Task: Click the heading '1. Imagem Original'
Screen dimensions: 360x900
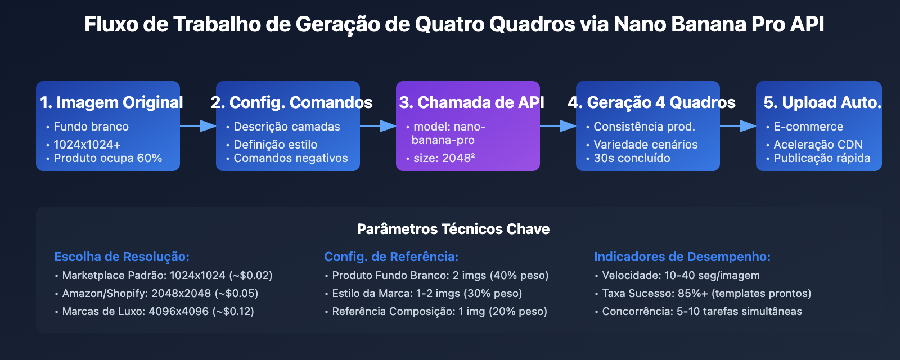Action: pos(111,102)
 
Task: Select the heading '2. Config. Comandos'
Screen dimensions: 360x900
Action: pos(291,102)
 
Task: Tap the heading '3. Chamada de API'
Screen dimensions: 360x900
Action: pos(471,102)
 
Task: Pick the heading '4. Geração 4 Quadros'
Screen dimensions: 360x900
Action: pos(651,102)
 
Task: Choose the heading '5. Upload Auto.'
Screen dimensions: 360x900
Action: pos(822,102)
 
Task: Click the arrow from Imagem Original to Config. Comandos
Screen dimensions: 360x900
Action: pos(198,126)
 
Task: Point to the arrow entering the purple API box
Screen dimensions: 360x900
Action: pos(378,126)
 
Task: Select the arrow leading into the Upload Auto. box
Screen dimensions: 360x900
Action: pos(738,126)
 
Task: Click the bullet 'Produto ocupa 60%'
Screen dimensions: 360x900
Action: pos(107,158)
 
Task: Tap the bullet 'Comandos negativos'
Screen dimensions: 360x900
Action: pos(290,158)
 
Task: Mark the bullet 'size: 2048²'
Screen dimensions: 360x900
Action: pos(444,158)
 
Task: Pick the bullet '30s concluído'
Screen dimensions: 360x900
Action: pos(632,158)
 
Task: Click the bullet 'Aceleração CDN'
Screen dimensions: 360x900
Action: pos(817,145)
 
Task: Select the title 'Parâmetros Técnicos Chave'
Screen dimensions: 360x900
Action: pos(453,229)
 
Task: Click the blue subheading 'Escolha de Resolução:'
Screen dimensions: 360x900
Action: pos(121,256)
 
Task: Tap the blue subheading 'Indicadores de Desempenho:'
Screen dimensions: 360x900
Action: pos(682,256)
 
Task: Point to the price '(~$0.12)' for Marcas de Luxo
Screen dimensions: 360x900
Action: pos(233,311)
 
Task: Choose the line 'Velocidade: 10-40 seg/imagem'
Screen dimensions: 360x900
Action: pos(681,275)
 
